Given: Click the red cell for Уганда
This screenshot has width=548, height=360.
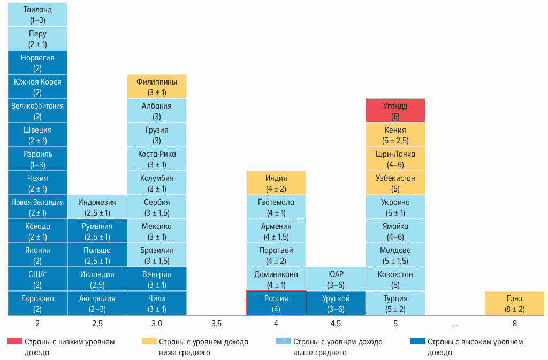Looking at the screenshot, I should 395,111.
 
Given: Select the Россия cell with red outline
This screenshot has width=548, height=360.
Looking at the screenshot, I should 276,303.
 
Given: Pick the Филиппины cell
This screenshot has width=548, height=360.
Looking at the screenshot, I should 157,87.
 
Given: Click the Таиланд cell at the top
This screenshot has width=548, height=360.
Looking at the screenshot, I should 37,14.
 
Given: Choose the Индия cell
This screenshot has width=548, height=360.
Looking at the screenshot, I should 276,183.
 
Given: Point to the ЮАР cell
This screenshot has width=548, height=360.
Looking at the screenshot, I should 336,279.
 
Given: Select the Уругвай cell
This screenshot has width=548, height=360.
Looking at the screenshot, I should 336,303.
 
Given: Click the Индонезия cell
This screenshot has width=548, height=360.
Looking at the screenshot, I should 97,207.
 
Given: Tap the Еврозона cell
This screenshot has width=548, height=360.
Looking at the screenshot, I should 37,303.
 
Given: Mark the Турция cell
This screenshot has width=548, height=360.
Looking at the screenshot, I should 395,303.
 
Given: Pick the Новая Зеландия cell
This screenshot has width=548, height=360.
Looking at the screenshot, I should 37,207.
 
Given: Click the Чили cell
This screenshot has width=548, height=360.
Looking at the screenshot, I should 157,303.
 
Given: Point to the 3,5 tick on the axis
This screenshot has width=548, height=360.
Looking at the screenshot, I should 217,324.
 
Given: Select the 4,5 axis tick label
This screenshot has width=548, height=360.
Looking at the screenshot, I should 336,324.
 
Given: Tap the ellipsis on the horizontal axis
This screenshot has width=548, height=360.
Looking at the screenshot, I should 454,324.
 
